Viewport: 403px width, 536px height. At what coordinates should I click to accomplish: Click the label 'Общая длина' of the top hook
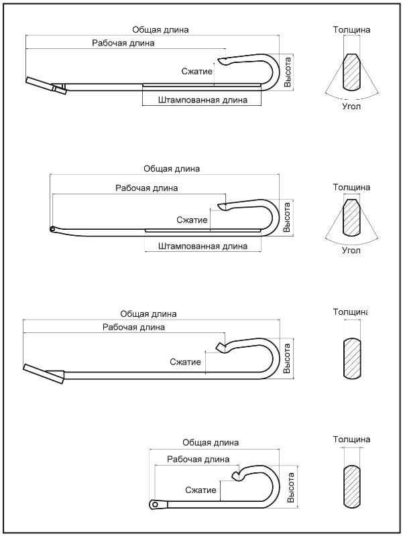(x=160, y=29)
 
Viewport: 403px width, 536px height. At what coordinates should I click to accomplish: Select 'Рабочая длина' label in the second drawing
(x=146, y=188)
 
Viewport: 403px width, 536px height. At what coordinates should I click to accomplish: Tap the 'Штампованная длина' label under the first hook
(x=203, y=100)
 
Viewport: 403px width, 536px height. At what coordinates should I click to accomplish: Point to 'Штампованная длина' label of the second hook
(x=203, y=246)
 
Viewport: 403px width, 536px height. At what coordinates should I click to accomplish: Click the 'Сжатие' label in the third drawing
(x=185, y=362)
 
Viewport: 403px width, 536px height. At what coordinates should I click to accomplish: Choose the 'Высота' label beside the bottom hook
(x=290, y=488)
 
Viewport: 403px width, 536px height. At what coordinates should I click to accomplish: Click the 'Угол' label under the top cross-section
(x=351, y=107)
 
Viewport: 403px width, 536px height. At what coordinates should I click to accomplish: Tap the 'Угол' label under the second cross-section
(x=351, y=251)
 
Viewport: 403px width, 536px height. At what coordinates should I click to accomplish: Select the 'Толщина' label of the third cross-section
(x=350, y=312)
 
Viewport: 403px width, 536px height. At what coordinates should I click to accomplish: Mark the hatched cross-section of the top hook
(x=351, y=72)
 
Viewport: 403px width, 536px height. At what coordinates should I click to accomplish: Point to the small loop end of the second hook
(x=52, y=229)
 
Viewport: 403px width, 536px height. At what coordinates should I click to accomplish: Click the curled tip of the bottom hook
(x=236, y=475)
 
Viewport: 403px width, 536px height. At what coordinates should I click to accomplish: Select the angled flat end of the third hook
(x=44, y=374)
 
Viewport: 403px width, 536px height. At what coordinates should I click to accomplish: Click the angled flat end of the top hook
(x=46, y=86)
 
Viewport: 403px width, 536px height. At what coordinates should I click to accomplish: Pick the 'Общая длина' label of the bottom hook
(x=211, y=443)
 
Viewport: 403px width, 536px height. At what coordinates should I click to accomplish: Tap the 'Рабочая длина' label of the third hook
(x=133, y=327)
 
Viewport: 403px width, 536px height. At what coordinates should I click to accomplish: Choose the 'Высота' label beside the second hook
(x=287, y=217)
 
